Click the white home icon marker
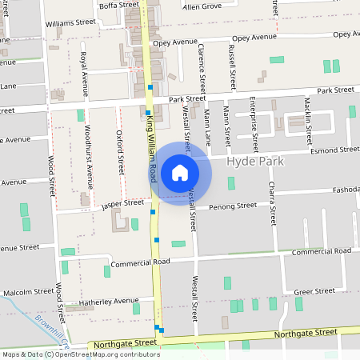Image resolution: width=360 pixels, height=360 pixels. tap(180, 172)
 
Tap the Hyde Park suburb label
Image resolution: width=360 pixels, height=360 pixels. tap(256, 161)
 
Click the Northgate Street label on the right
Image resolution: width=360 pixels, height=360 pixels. tap(306, 332)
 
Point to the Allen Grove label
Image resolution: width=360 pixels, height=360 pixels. tap(202, 6)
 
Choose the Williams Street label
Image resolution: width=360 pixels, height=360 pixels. tap(70, 23)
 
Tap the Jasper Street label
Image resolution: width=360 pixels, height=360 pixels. tap(122, 205)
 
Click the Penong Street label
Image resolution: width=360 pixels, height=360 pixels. tap(233, 206)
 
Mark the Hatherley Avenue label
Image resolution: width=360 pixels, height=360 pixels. tap(103, 302)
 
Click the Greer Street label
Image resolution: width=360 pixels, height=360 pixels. tap(314, 292)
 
